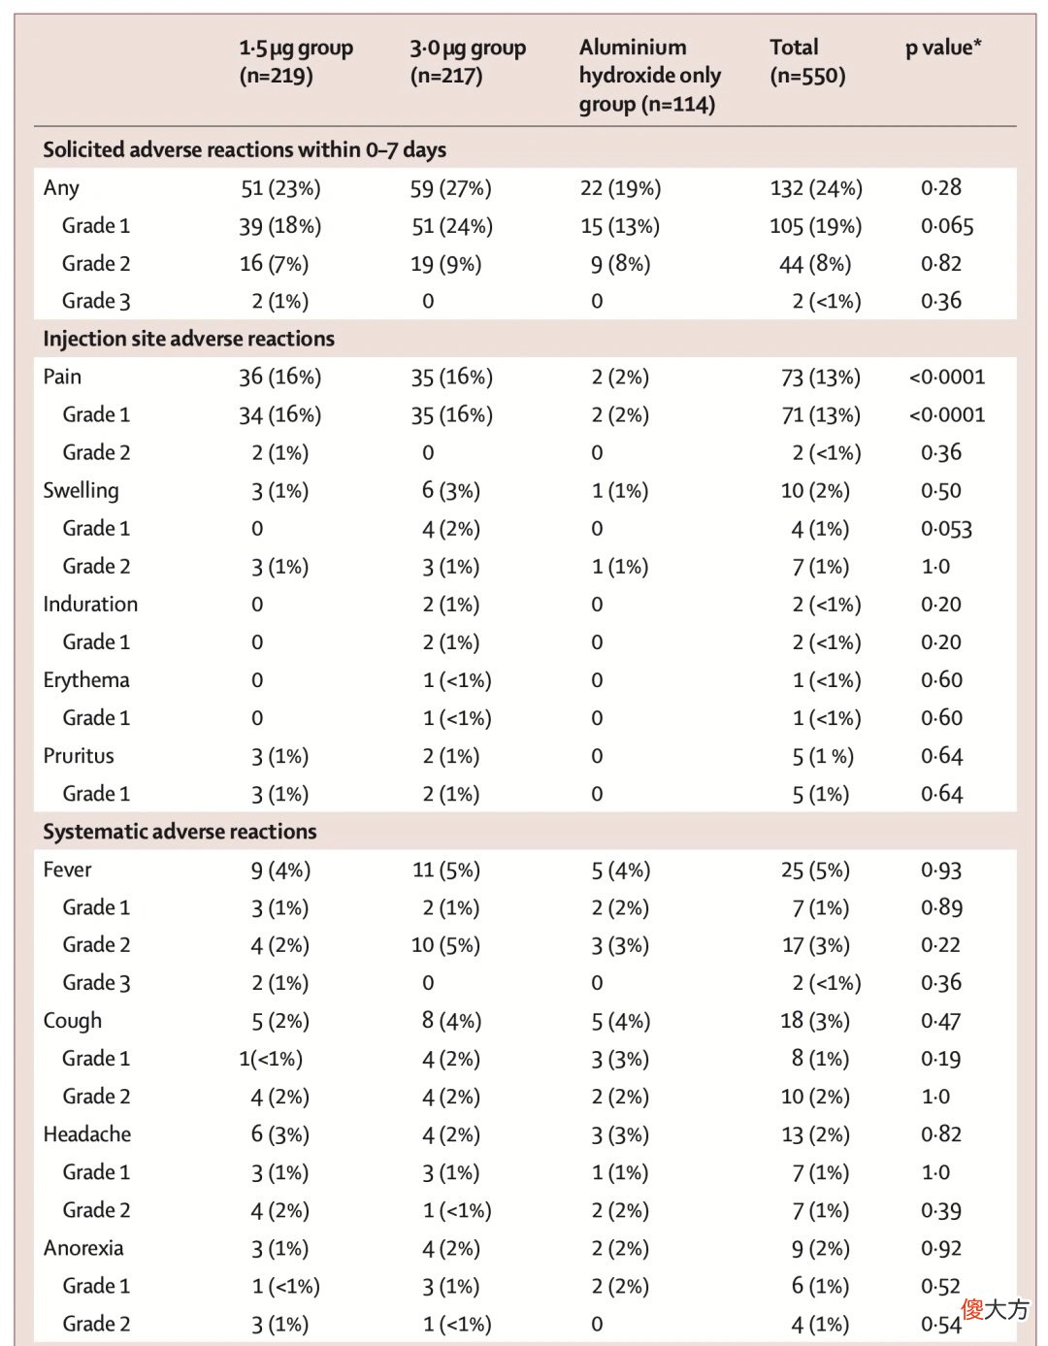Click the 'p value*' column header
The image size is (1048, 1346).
(942, 49)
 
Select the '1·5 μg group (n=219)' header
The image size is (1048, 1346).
(296, 62)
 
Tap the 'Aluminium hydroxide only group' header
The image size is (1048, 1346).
(650, 76)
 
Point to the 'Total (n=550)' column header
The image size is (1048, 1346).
(807, 62)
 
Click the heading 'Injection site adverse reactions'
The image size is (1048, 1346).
(189, 339)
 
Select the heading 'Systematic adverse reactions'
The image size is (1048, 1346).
(180, 832)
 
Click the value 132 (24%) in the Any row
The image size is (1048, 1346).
(816, 188)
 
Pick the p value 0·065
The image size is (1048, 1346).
(946, 226)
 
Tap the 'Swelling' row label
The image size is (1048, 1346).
(81, 491)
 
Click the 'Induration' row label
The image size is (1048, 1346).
(90, 604)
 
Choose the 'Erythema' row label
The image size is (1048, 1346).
(86, 680)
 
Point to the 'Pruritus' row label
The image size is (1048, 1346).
(79, 756)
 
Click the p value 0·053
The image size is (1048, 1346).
(946, 529)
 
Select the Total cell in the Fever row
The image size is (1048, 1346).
(815, 870)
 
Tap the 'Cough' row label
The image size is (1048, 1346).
(72, 1022)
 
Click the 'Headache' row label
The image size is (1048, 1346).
(86, 1134)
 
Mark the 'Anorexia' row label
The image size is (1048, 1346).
(83, 1248)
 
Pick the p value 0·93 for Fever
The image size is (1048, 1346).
(941, 870)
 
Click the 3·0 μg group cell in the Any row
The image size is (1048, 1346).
(450, 188)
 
